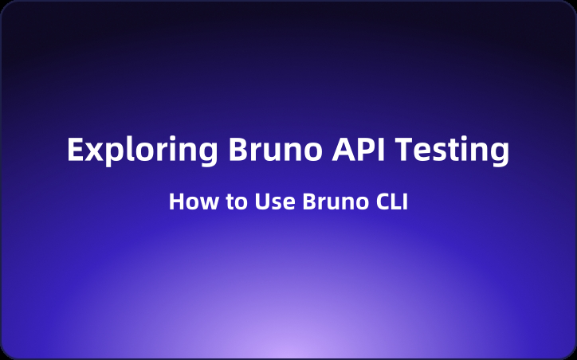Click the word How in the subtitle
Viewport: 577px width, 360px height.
[188, 202]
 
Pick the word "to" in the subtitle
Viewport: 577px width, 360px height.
[231, 202]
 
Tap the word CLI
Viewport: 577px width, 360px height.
[388, 202]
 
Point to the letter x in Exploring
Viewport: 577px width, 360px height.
[91, 152]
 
